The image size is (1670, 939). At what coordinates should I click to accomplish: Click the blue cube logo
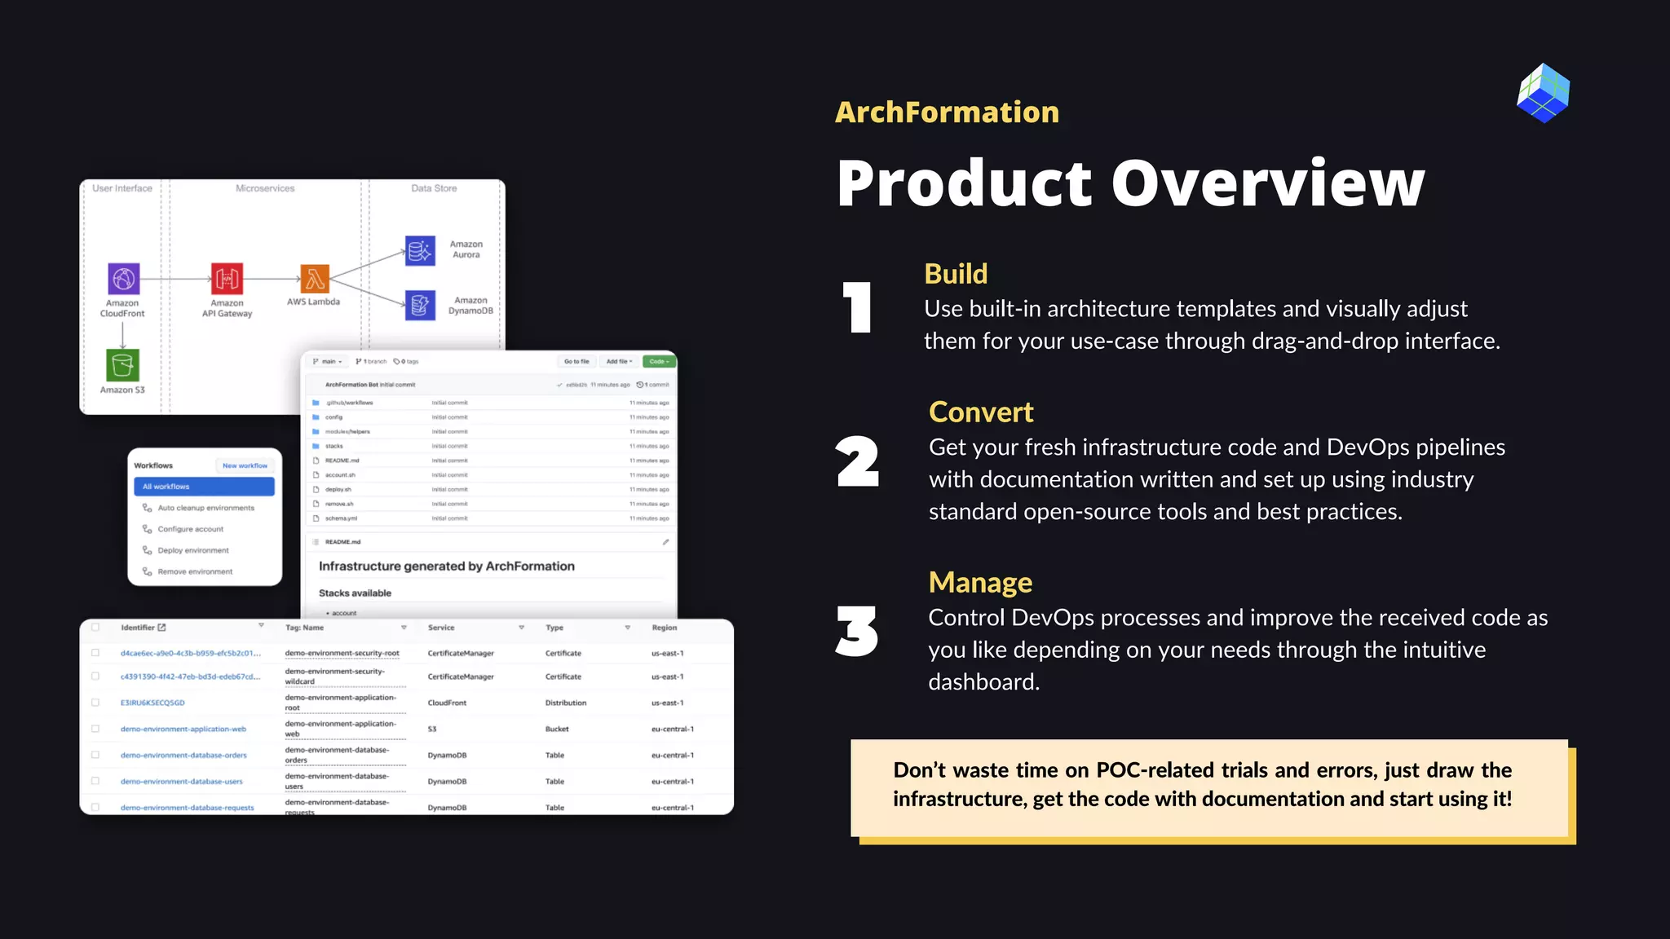pos(1543,93)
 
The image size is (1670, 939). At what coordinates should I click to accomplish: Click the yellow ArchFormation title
pos(947,112)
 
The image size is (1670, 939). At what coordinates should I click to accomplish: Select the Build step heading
pos(956,274)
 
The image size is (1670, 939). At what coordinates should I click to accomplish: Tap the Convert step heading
pos(981,412)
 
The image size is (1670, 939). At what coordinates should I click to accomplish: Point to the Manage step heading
pos(980,583)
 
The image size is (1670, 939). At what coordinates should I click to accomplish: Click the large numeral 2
pos(857,462)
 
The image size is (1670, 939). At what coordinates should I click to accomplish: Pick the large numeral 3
pos(857,632)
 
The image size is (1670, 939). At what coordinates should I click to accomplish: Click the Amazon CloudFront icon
pos(124,279)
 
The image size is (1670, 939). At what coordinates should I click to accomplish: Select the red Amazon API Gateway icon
pos(227,279)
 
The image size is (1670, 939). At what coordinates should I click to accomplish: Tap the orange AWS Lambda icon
pos(315,279)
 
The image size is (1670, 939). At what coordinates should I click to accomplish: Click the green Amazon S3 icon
pos(122,365)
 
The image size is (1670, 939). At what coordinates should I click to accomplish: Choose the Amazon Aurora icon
pos(420,250)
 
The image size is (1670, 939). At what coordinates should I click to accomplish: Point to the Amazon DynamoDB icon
pos(420,306)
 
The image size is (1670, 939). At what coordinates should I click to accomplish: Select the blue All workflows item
pos(204,487)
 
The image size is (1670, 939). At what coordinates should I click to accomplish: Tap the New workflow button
pos(245,465)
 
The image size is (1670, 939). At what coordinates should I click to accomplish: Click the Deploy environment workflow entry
pos(193,550)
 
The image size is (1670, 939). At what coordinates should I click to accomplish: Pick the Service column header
pos(441,628)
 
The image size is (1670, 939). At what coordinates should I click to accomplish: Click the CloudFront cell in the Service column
pos(447,703)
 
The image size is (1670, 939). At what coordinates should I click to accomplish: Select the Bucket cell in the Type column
pos(557,729)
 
